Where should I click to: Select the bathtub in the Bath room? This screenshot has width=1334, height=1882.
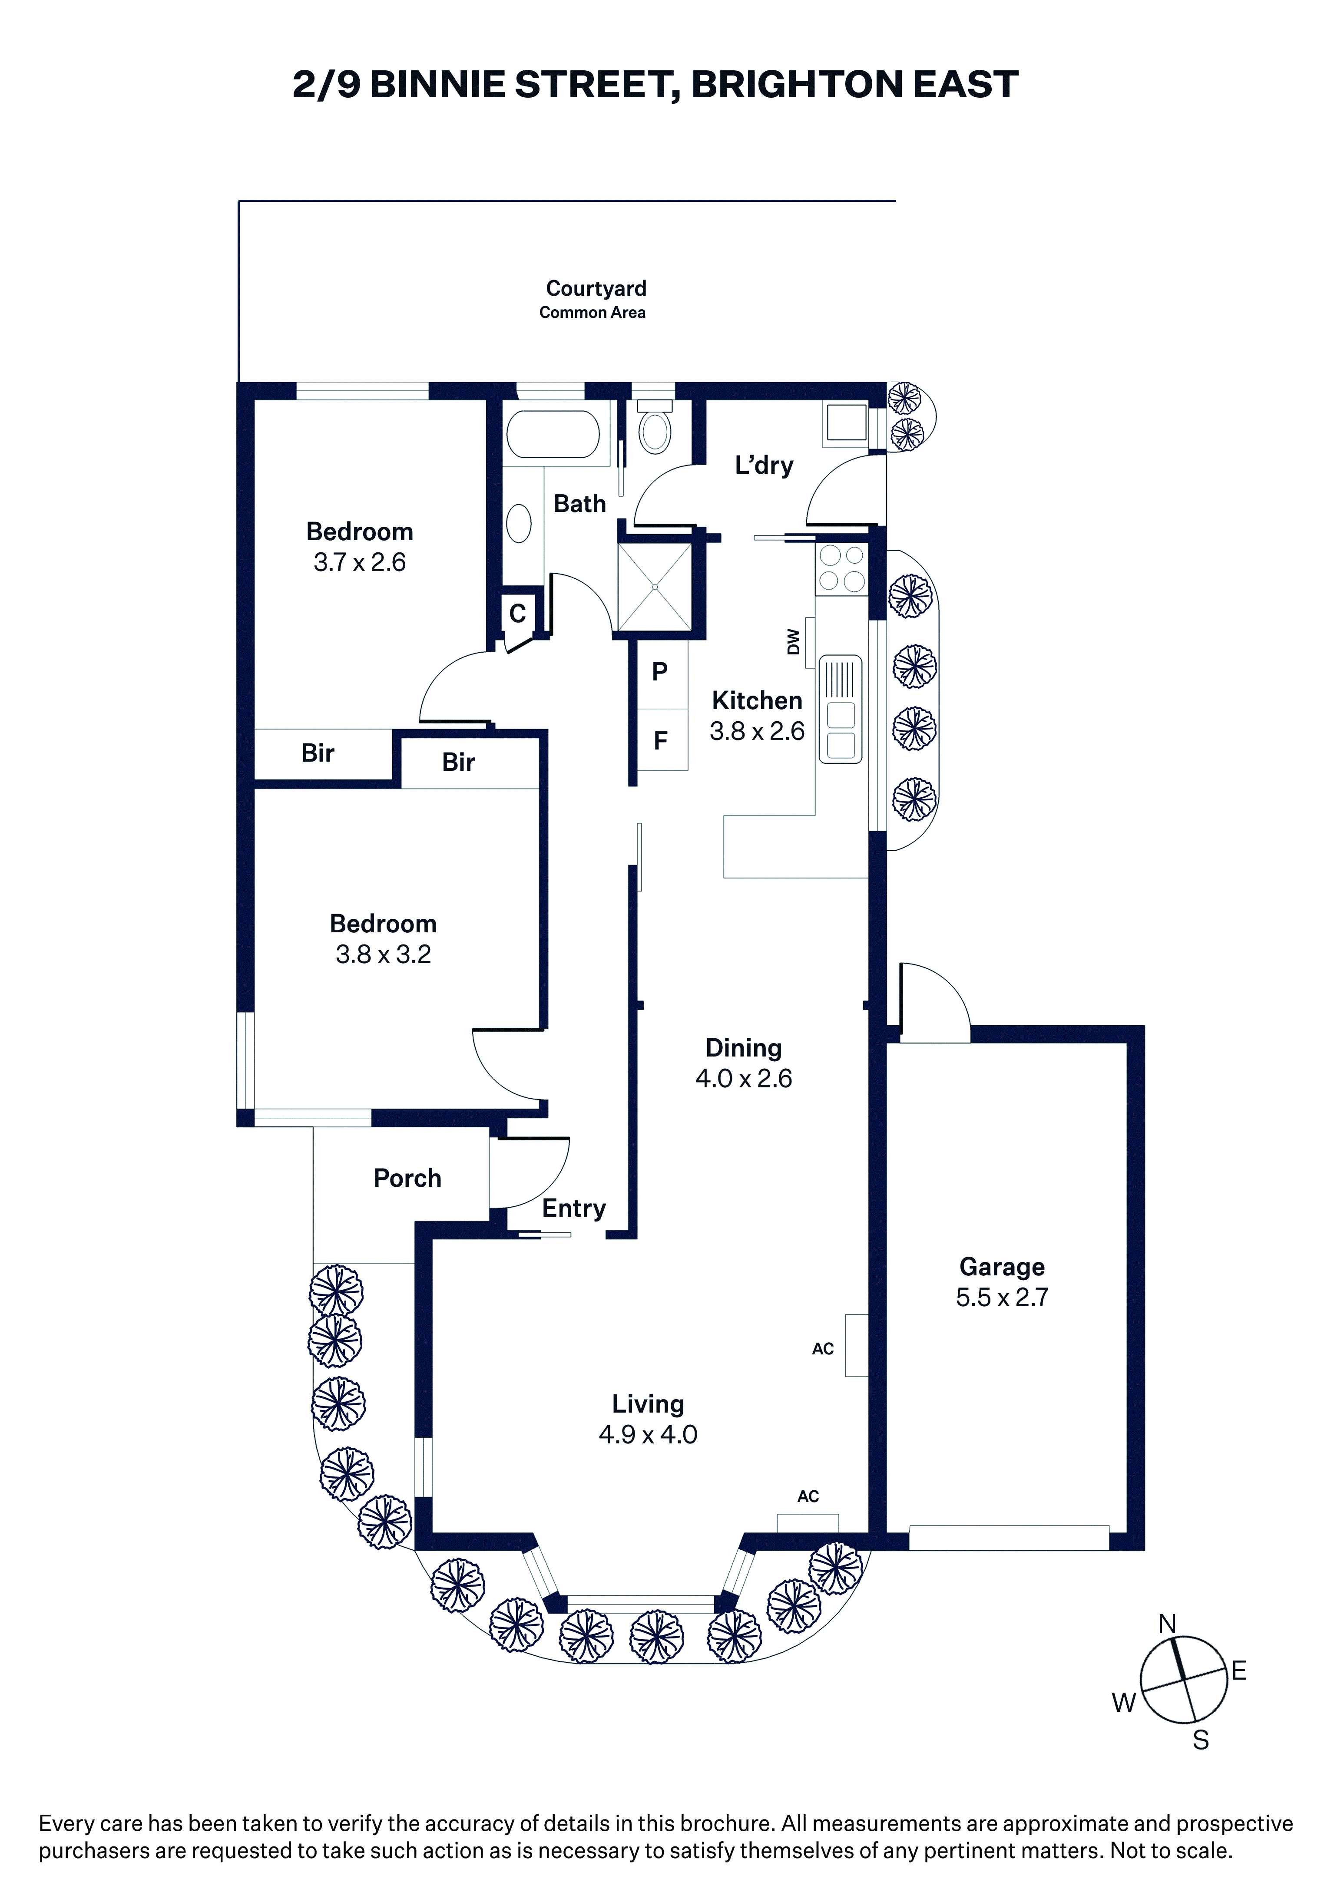(x=553, y=433)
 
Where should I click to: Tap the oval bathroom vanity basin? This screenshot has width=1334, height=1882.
(x=518, y=523)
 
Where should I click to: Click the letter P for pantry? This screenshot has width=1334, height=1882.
(x=659, y=672)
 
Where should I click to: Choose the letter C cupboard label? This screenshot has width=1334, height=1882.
(x=517, y=614)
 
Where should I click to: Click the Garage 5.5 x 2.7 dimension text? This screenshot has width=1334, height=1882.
(x=1002, y=1298)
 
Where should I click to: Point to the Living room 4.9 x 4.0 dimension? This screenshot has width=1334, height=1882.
(x=648, y=1434)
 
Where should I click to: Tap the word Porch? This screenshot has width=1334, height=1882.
(x=407, y=1178)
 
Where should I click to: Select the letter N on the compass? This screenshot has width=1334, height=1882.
(x=1167, y=1624)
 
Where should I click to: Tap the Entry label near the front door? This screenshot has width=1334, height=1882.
(x=574, y=1208)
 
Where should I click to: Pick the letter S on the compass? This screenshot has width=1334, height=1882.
(x=1201, y=1740)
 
